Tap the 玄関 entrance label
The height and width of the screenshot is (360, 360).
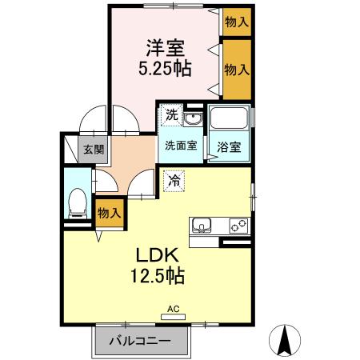pyautogui.click(x=94, y=148)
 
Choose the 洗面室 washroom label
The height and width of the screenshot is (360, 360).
pyautogui.click(x=181, y=146)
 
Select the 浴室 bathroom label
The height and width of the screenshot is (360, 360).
pyautogui.click(x=228, y=146)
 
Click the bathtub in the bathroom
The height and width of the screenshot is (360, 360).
pyautogui.click(x=228, y=121)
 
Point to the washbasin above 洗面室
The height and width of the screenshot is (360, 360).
pyautogui.click(x=191, y=118)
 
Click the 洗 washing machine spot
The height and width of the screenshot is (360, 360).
pyautogui.click(x=171, y=115)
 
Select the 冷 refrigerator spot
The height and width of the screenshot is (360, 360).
pyautogui.click(x=173, y=181)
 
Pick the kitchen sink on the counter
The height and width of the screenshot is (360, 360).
pyautogui.click(x=201, y=224)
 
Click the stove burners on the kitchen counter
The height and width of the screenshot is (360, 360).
pyautogui.click(x=238, y=224)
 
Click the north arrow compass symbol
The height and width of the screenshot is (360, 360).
pyautogui.click(x=284, y=339)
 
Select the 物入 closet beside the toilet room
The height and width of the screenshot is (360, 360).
pyautogui.click(x=109, y=212)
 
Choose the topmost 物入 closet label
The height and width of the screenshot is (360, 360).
pyautogui.click(x=236, y=22)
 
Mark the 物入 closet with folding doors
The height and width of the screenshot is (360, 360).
pyautogui.click(x=236, y=70)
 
